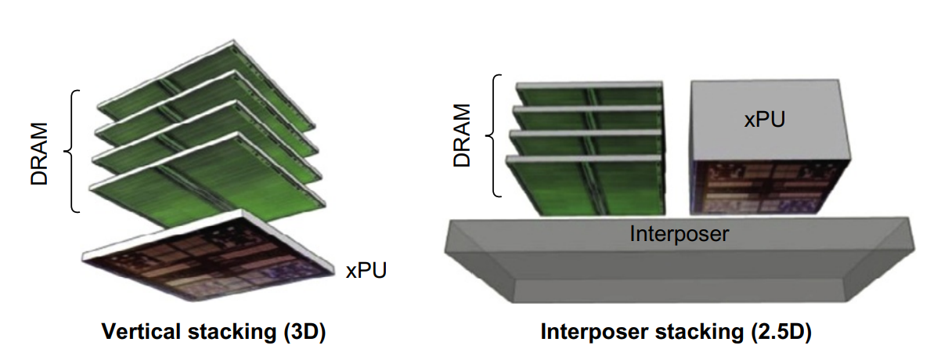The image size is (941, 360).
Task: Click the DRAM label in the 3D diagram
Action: click(38, 153)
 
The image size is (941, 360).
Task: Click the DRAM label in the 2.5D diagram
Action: click(463, 135)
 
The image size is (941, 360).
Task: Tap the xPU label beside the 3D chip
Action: click(366, 271)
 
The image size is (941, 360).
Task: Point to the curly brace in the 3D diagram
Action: click(74, 151)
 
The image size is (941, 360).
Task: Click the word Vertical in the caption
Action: click(132, 332)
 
